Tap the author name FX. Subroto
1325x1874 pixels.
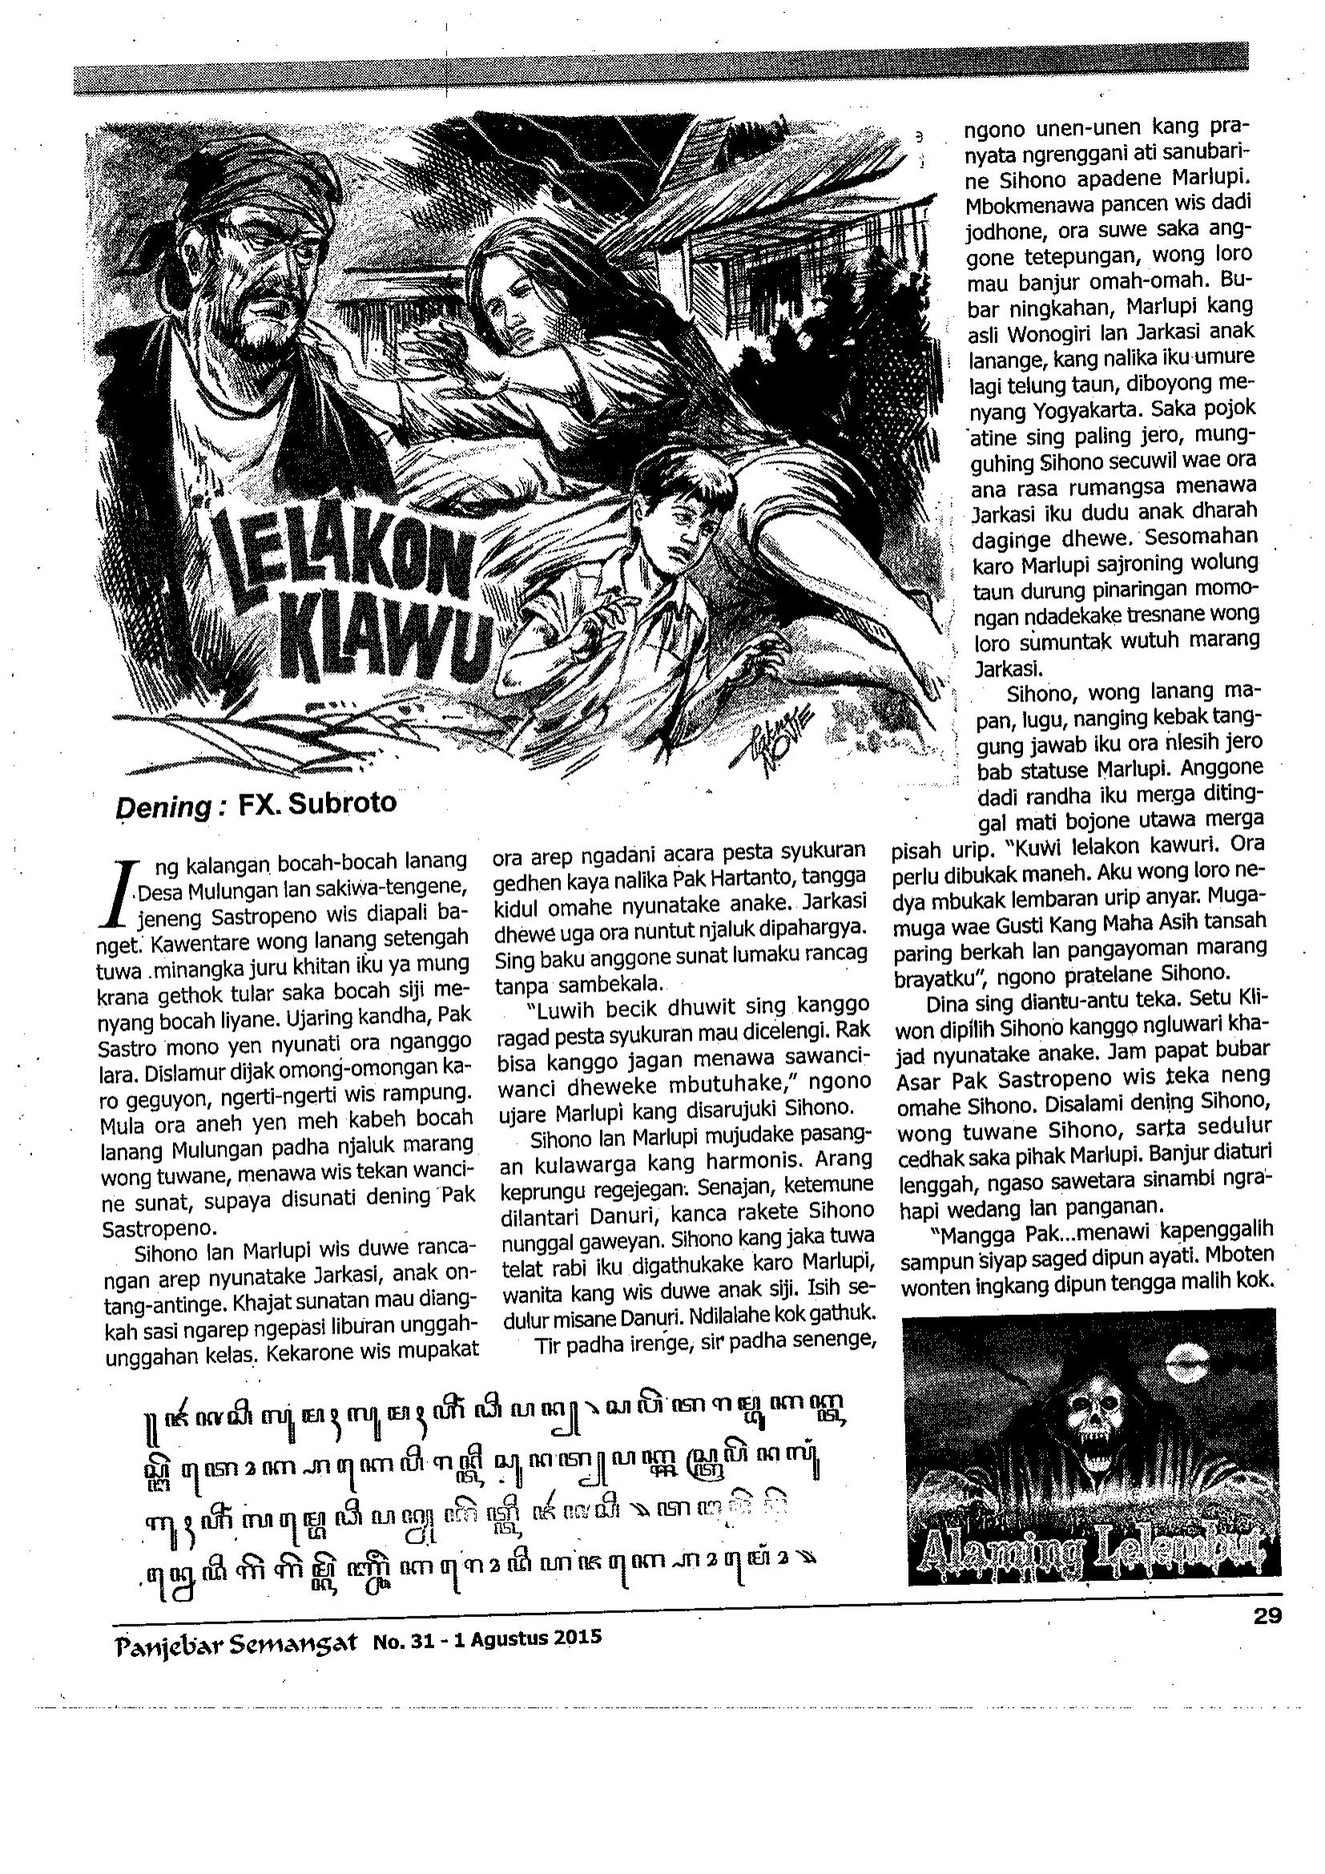[316, 804]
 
